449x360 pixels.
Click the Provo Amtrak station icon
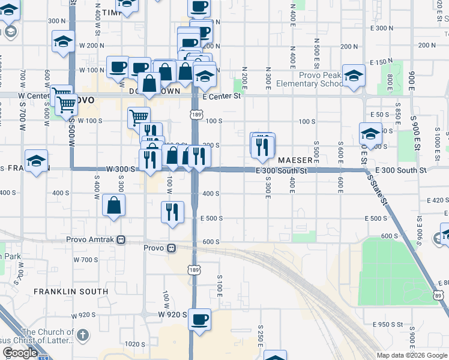click(121, 239)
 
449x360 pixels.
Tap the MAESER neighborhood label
click(295, 160)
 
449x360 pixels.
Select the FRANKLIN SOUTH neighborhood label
click(71, 292)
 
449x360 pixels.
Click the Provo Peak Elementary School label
click(322, 79)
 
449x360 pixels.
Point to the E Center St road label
click(221, 96)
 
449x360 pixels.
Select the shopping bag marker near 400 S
click(114, 205)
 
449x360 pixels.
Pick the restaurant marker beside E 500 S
click(172, 212)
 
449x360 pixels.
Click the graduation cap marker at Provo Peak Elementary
click(354, 76)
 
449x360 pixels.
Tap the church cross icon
click(83, 334)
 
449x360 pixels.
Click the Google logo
click(20, 353)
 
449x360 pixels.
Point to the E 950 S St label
click(387, 324)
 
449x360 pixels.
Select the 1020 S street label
click(135, 344)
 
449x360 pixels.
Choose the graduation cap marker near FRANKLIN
click(37, 161)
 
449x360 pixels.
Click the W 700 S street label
click(85, 260)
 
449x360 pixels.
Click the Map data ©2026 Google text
click(412, 355)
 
